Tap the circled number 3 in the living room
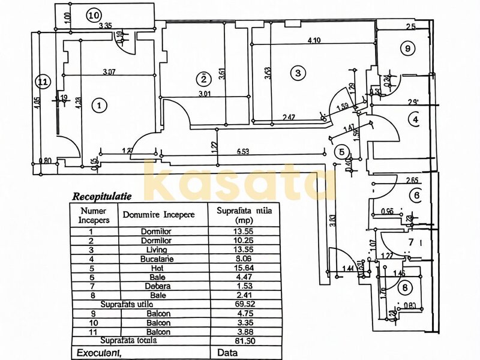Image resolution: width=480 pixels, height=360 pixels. coord(297,73)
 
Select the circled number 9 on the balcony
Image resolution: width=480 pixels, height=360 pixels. coord(407,48)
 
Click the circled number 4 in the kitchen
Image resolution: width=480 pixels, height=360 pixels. coord(415,119)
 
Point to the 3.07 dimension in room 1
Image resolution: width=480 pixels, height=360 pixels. coord(109,73)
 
